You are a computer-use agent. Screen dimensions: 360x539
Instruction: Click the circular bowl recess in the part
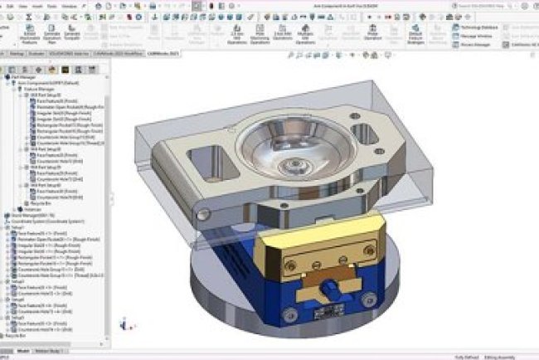click(293, 154)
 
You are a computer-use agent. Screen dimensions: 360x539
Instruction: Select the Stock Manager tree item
click(28, 215)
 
